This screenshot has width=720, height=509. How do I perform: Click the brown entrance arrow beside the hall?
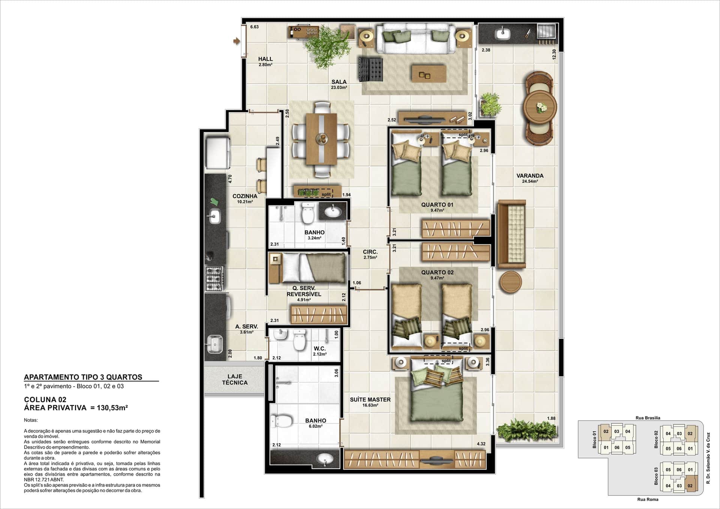(x=236, y=41)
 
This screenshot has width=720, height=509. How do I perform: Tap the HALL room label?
(x=265, y=59)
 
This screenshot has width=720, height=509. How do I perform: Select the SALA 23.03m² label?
(x=339, y=84)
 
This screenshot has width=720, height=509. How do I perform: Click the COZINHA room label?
(x=245, y=196)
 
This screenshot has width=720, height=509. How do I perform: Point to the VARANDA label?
(x=530, y=176)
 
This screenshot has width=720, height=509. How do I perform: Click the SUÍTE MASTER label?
(x=370, y=400)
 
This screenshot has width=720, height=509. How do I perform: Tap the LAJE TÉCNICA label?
(x=235, y=380)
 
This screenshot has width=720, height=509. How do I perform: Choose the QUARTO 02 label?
(x=437, y=272)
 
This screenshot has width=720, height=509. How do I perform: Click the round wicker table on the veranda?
(x=540, y=107)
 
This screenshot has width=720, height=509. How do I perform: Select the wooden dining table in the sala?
(x=321, y=139)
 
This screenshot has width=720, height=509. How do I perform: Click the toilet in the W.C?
(x=299, y=340)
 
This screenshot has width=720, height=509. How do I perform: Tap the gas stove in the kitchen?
(x=214, y=278)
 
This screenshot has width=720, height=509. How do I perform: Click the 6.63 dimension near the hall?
(x=254, y=27)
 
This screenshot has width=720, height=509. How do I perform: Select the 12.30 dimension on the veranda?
(x=554, y=55)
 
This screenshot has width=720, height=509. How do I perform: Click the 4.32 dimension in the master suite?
(x=481, y=444)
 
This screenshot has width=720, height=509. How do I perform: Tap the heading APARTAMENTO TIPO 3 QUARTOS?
(x=83, y=377)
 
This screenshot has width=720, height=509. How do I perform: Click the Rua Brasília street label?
(x=648, y=418)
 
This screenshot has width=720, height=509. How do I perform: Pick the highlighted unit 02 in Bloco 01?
(x=606, y=432)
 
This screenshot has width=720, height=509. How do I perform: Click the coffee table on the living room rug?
(x=429, y=74)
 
